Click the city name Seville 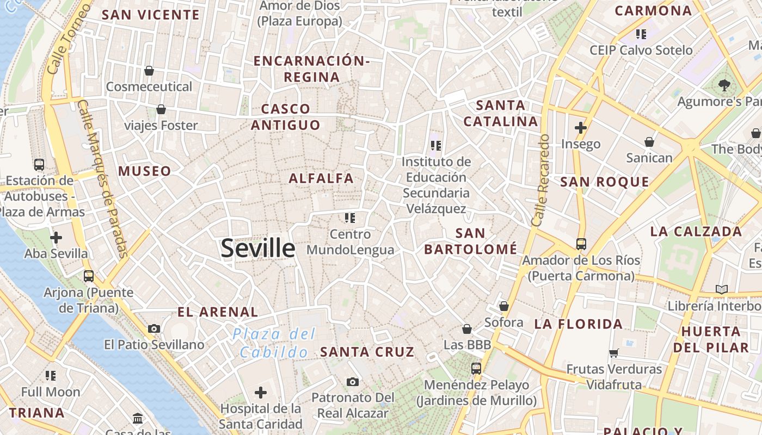point(258,248)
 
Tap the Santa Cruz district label point(367,352)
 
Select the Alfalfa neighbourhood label point(321,178)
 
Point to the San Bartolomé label point(470,241)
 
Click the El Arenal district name point(218,312)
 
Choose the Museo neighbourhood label point(145,171)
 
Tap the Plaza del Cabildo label point(274,343)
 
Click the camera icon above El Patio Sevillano point(154,328)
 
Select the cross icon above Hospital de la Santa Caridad point(261,392)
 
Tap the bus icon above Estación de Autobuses point(39,164)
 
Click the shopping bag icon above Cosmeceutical point(149,71)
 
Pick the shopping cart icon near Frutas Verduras point(614,353)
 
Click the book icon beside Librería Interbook point(722,289)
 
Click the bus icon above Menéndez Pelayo point(476,368)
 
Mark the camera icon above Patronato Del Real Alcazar point(353,382)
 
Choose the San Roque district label point(605,182)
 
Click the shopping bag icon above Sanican point(649,142)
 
